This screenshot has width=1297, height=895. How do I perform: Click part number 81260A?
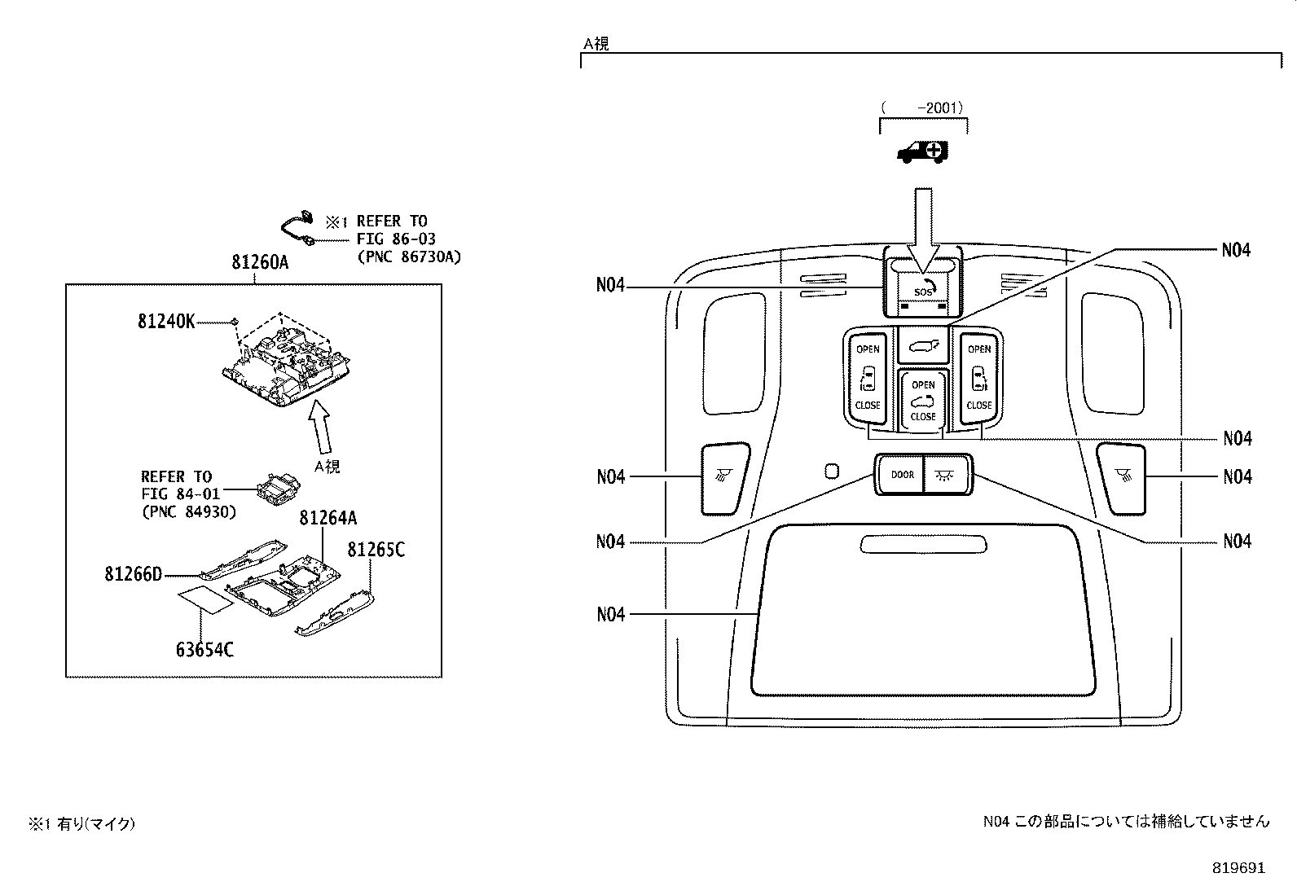260,262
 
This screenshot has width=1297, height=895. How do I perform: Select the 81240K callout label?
166,322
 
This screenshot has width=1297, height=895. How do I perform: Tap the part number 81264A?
328,518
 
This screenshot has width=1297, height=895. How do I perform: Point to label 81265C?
376,550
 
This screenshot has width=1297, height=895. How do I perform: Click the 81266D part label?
133,574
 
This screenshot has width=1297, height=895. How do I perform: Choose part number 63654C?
204,650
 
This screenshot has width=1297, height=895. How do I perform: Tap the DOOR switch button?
902,475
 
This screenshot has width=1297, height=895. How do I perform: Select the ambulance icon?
923,152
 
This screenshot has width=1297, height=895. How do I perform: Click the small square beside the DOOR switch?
831,471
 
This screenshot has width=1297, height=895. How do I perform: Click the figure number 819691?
1237,868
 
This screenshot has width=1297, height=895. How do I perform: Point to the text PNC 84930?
188,511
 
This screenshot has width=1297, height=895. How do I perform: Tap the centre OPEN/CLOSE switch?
922,399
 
